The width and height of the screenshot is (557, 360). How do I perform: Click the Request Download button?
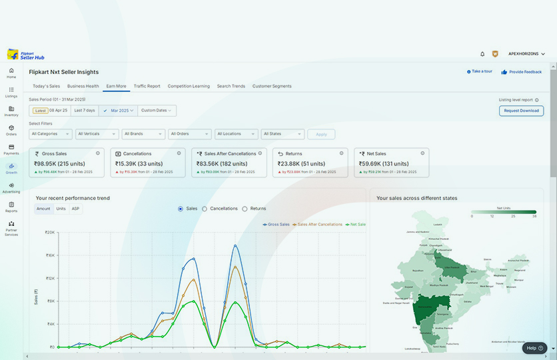pyautogui.click(x=521, y=111)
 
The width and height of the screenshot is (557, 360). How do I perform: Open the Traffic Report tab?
pyautogui.click(x=147, y=86)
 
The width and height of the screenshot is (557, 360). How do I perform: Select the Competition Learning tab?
pyautogui.click(x=189, y=86)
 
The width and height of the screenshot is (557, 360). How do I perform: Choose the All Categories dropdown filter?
pyautogui.click(x=51, y=134)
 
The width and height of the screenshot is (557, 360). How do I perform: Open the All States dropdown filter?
pyautogui.click(x=282, y=134)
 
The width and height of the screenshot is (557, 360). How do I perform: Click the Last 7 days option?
pyautogui.click(x=85, y=110)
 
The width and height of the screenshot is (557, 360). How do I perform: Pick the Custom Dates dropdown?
pyautogui.click(x=157, y=110)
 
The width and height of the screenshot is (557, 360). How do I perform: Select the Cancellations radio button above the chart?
pyautogui.click(x=205, y=209)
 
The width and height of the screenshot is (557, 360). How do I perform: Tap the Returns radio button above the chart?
pyautogui.click(x=245, y=209)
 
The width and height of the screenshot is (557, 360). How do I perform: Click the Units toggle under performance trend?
pyautogui.click(x=61, y=209)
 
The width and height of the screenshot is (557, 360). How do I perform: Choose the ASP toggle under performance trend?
pyautogui.click(x=75, y=209)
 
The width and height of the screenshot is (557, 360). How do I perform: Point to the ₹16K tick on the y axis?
pyautogui.click(x=49, y=255)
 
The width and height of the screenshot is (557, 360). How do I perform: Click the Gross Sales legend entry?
pyautogui.click(x=277, y=225)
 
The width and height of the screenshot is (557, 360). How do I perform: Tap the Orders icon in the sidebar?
pyautogui.click(x=11, y=129)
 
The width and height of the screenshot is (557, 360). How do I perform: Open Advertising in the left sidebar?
pyautogui.click(x=11, y=187)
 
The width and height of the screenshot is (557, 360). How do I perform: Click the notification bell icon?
pyautogui.click(x=482, y=54)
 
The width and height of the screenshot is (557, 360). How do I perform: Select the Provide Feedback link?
pyautogui.click(x=522, y=72)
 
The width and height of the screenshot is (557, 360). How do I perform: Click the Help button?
pyautogui.click(x=534, y=348)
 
